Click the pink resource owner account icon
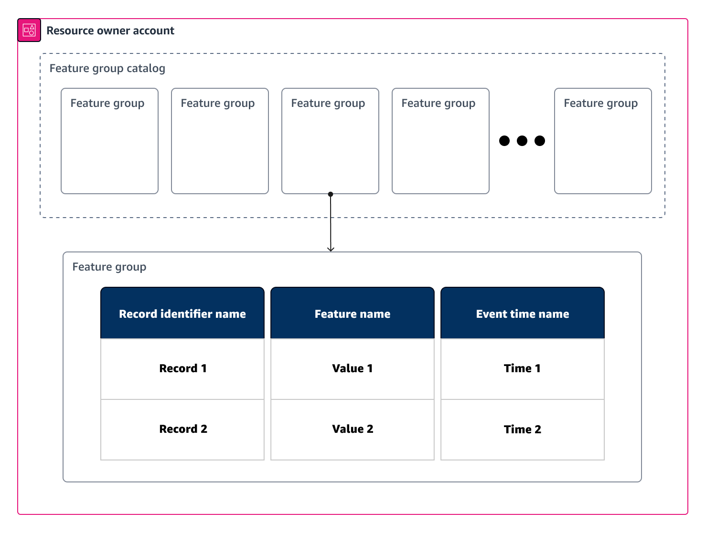tap(29, 30)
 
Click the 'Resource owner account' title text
tap(110, 31)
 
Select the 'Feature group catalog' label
tap(107, 68)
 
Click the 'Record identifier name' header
tap(182, 314)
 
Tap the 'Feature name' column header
tap(352, 314)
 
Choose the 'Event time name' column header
tap(522, 314)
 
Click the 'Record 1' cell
tap(182, 368)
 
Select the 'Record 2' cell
tap(182, 429)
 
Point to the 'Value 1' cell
tap(352, 368)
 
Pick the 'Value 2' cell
tap(352, 429)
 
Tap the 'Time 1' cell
tap(522, 368)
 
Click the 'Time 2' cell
tap(522, 429)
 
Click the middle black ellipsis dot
tap(522, 141)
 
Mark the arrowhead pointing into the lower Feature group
tap(331, 249)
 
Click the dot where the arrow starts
tap(331, 194)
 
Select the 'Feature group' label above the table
tap(109, 267)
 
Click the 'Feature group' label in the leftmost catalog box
tap(107, 103)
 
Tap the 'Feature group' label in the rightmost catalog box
tap(600, 103)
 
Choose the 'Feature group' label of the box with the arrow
tap(328, 103)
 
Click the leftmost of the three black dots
tap(504, 141)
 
